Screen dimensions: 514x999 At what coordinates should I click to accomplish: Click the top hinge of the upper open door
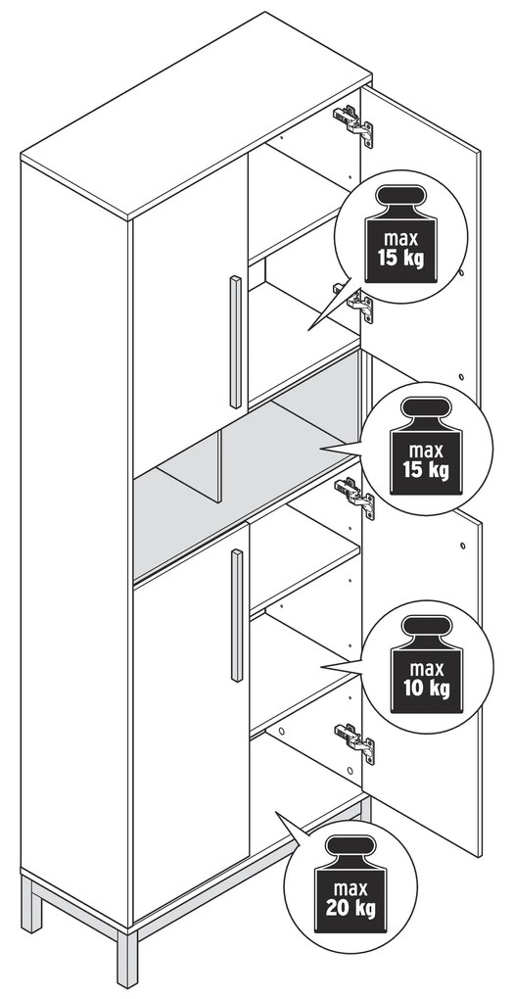point(354,124)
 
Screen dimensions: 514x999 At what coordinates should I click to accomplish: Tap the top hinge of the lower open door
point(355,497)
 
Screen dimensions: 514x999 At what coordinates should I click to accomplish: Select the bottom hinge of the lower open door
point(355,742)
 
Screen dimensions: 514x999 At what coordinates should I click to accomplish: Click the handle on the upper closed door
point(235,342)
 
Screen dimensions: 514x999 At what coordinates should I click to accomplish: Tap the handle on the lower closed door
point(236,615)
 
